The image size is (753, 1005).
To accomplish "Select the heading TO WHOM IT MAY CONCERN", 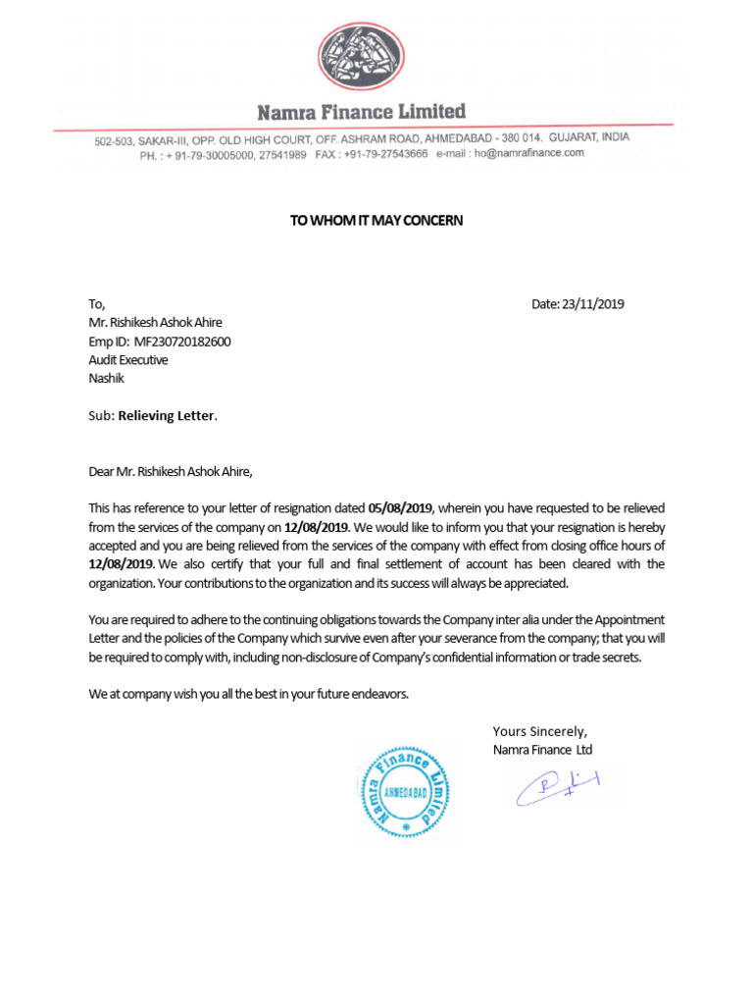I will pos(376,221).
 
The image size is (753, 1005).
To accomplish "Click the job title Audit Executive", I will pos(128,360).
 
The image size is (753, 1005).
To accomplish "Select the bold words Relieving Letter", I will pos(166,416).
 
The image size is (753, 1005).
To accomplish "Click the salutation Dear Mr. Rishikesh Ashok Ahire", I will pos(171,471).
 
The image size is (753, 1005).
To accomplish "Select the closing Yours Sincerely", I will pos(539,731).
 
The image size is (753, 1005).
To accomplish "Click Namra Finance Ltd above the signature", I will pos(542,750).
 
